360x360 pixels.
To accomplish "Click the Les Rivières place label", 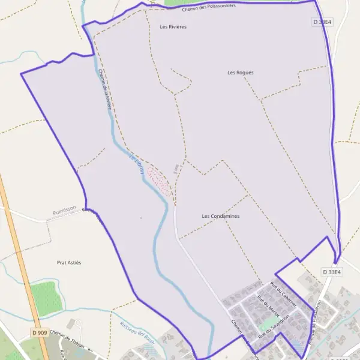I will pyautogui.click(x=173, y=27).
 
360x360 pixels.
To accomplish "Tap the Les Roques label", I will pyautogui.click(x=241, y=73).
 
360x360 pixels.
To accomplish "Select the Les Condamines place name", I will pyautogui.click(x=221, y=216).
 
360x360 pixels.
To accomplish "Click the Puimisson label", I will pyautogui.click(x=64, y=210).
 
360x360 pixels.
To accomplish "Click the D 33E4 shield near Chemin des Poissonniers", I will pyautogui.click(x=322, y=22).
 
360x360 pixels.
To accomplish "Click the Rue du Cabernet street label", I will pyautogui.click(x=283, y=294).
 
